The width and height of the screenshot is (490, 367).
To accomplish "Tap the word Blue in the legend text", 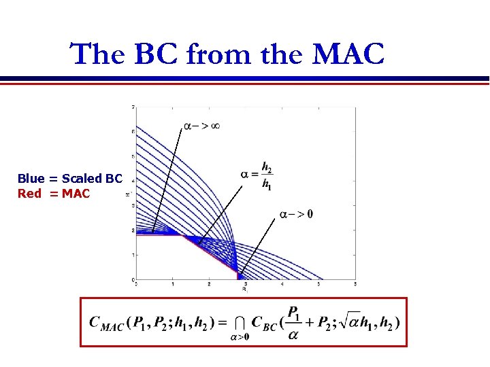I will [31, 179].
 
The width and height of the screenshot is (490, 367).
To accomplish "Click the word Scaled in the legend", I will [82, 179].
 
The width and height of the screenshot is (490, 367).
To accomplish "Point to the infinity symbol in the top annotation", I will [214, 126].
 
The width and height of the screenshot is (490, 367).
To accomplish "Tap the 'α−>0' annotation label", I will [296, 215].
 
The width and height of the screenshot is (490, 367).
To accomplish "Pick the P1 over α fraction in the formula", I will [294, 321].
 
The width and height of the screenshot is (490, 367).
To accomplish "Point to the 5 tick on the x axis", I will [355, 283].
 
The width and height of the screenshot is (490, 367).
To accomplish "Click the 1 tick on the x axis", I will [172, 283].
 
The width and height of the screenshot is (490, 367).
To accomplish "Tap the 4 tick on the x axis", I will [282, 283].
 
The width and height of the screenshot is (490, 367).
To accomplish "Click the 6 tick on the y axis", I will [132, 131].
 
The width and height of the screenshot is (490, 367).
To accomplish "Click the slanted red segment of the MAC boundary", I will [211, 256].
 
